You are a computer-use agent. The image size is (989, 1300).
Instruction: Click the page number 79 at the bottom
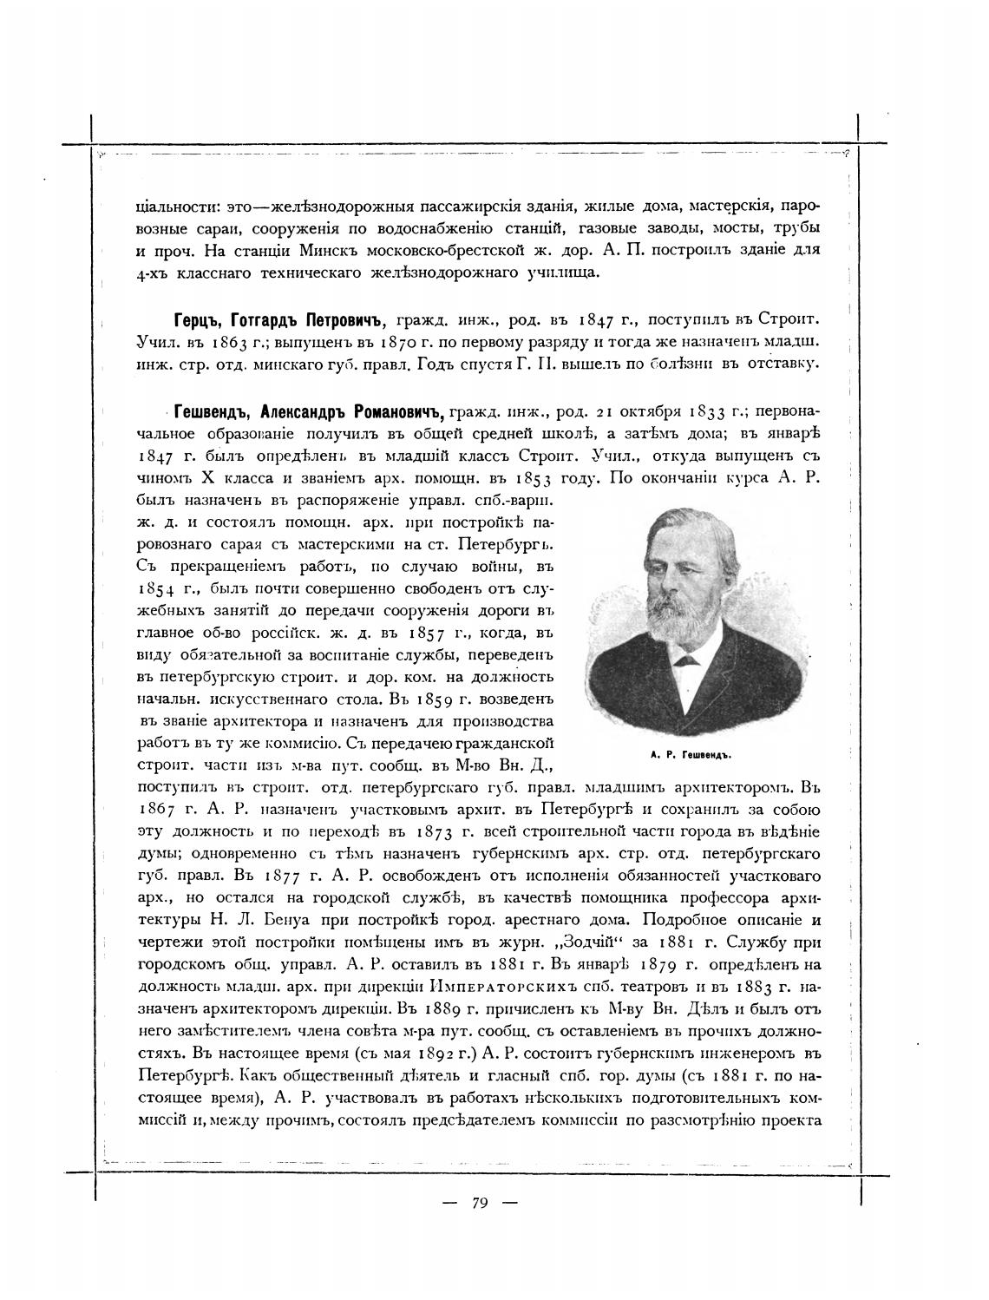[481, 1203]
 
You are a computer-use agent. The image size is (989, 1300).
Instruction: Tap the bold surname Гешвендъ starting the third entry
[212, 410]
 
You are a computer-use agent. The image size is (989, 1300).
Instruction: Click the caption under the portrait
[691, 755]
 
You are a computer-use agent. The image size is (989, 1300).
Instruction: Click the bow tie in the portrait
[687, 660]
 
